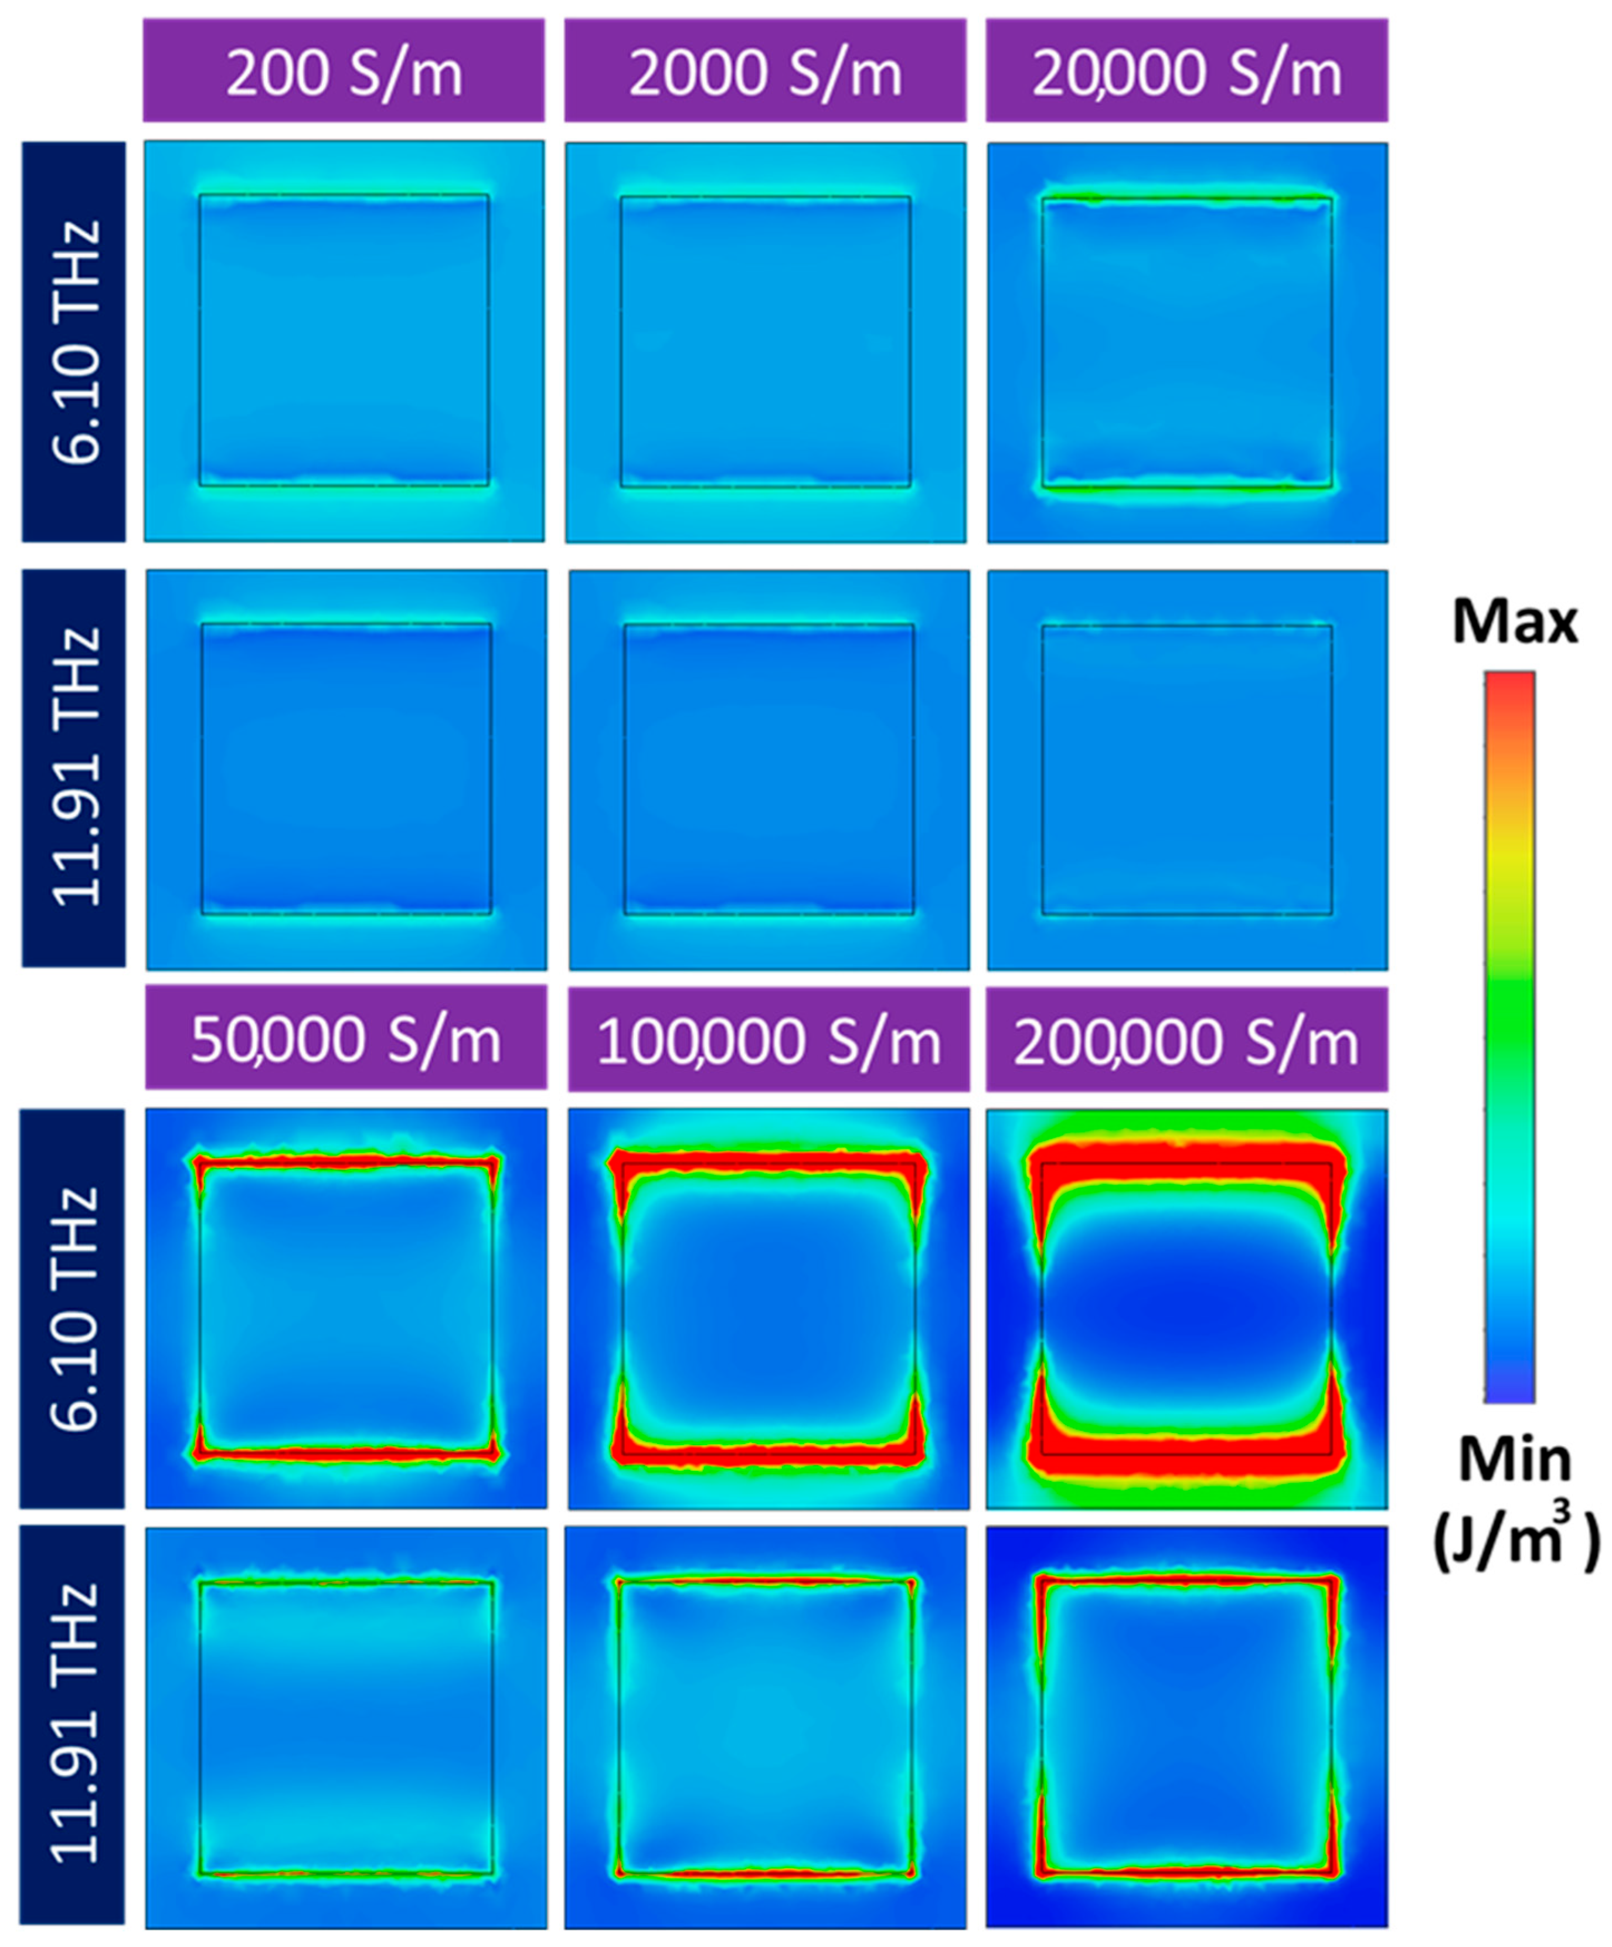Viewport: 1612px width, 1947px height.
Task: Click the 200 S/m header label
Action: pos(344,72)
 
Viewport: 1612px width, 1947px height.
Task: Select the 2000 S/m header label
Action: pos(765,72)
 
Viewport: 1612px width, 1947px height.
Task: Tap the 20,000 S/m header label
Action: pos(1186,72)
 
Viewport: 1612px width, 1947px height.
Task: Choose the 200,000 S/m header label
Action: pos(1186,1040)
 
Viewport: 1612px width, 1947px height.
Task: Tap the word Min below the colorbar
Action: pos(1515,1460)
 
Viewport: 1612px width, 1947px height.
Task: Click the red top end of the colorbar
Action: pos(1509,691)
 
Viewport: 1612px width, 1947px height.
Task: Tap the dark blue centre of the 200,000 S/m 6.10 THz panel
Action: pos(1186,1307)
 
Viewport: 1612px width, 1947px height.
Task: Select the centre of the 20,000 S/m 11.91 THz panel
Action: pos(1186,770)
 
